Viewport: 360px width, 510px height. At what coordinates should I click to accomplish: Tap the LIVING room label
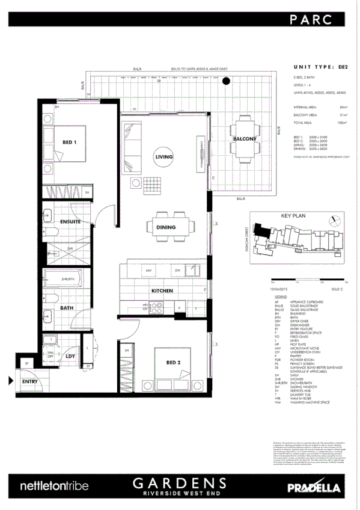point(164,157)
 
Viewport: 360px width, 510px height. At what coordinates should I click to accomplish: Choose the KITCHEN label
point(162,290)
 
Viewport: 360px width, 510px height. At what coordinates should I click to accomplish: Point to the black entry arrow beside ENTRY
point(10,381)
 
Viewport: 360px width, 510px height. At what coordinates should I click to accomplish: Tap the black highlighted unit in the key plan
point(261,229)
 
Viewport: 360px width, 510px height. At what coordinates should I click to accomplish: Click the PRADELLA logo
point(316,486)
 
